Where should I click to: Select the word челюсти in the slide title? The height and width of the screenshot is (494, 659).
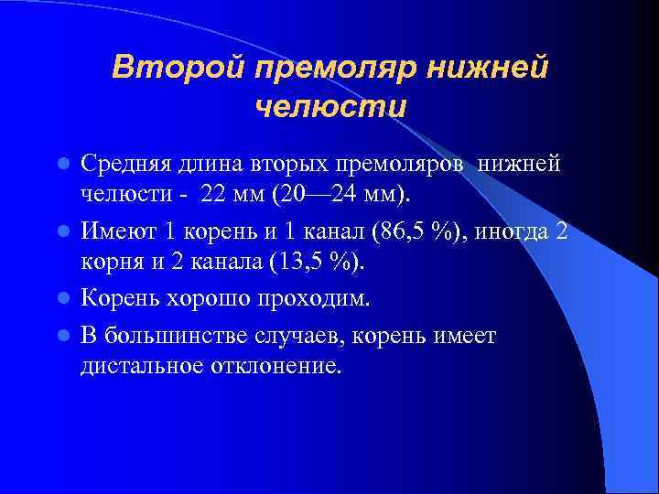tap(329, 107)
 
